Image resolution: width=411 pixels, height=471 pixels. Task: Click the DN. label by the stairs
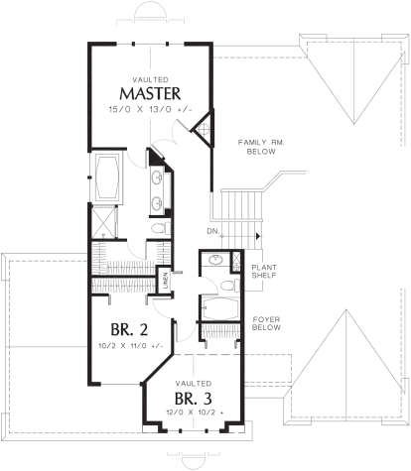(213, 232)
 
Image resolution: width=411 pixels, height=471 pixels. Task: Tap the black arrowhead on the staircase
(259, 235)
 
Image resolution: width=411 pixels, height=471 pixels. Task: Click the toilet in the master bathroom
(158, 227)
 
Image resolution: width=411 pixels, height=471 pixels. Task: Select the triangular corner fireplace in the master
(205, 129)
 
